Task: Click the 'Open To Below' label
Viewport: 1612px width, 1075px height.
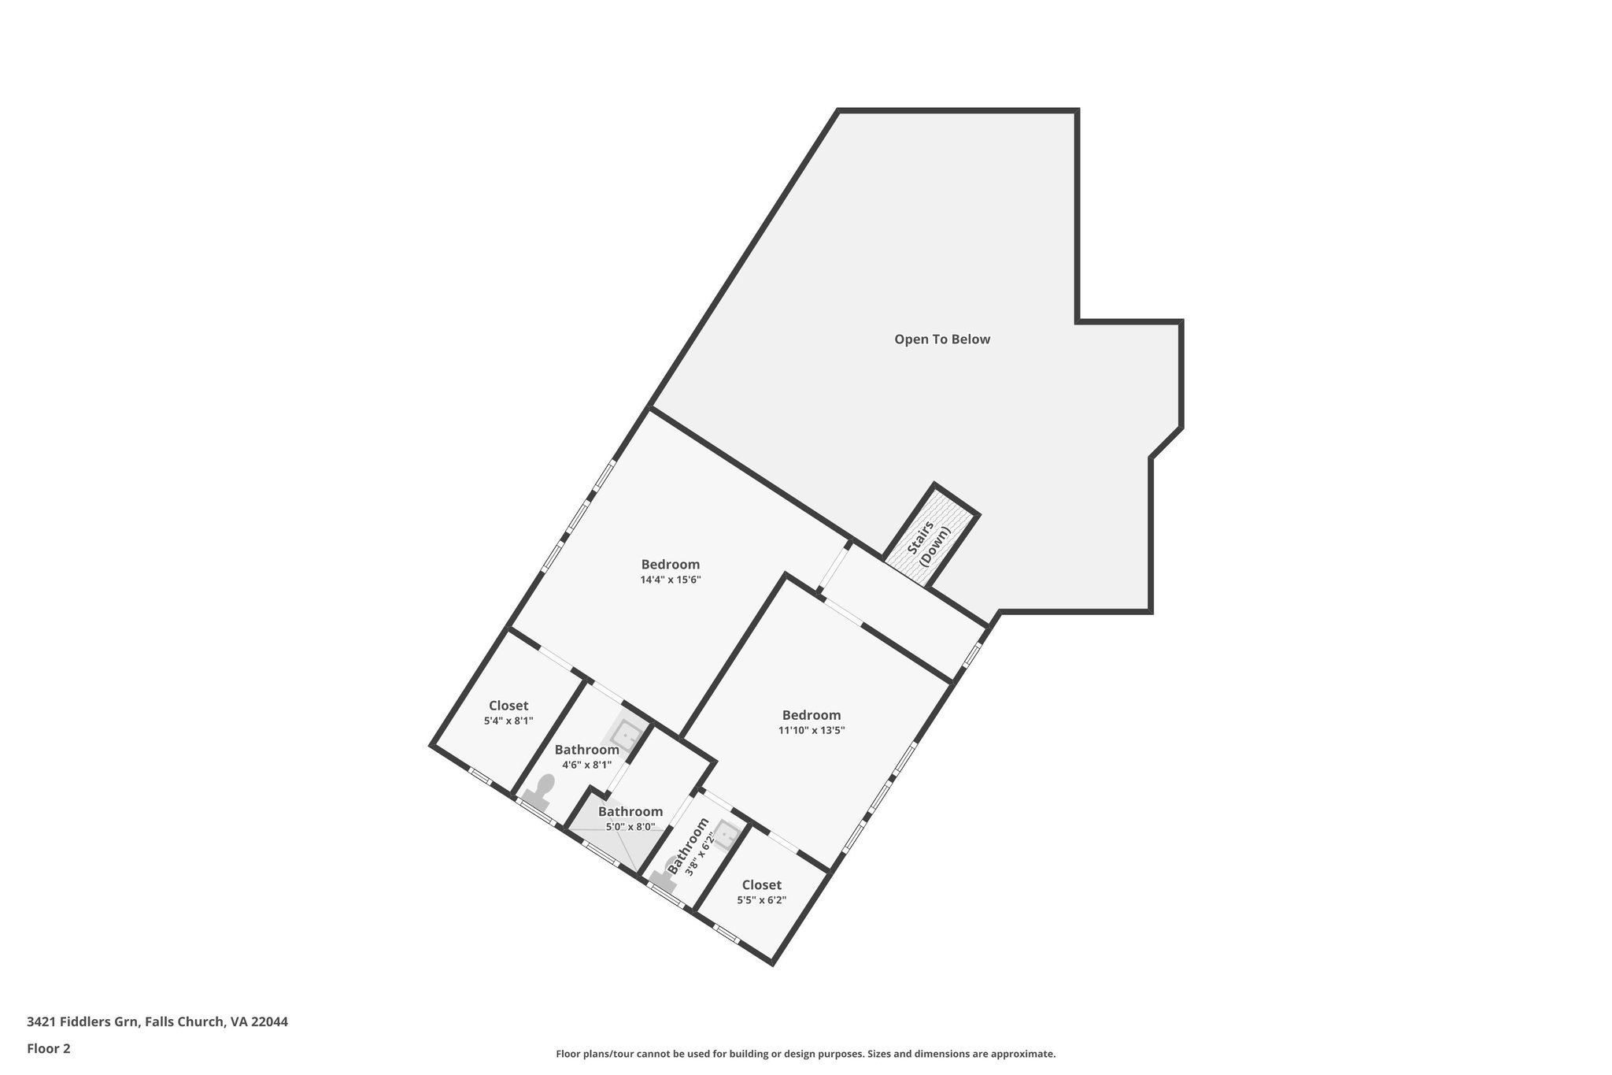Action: coord(941,339)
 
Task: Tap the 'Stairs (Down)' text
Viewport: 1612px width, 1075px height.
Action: coord(928,543)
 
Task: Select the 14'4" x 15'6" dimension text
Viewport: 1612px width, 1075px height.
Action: coord(670,580)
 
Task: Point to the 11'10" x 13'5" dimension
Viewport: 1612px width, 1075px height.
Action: coord(812,730)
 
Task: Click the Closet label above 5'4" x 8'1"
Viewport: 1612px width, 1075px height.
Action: coord(508,706)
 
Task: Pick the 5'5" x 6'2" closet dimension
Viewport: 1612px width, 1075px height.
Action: coord(761,900)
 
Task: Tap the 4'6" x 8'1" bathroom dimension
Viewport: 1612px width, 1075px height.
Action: coord(586,764)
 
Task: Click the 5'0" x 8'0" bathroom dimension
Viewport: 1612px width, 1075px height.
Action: coord(630,827)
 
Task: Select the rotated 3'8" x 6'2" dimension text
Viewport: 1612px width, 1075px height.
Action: coord(699,854)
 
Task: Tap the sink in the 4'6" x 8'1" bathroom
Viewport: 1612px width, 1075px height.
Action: coord(627,735)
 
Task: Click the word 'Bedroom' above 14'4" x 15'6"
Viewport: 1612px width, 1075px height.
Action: coord(670,565)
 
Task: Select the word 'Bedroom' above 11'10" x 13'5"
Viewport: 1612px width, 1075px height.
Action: coord(812,715)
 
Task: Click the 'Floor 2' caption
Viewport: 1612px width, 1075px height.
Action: coord(49,1048)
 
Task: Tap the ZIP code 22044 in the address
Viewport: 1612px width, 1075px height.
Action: coord(269,1022)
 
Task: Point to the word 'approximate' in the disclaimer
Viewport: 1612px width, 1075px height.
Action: coord(1022,1054)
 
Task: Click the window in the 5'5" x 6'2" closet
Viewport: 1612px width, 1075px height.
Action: coord(727,935)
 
